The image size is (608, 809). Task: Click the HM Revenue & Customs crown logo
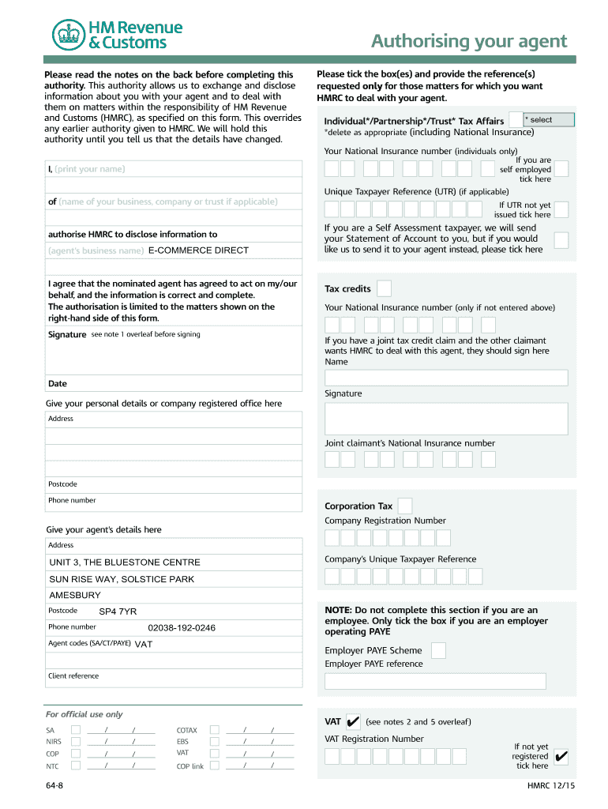coord(68,35)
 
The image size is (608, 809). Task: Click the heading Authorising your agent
coord(469,41)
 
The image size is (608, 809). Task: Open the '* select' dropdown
coord(549,120)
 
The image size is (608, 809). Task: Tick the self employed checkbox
coord(561,169)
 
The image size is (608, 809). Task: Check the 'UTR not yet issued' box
coord(561,209)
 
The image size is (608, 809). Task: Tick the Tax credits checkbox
coord(384,288)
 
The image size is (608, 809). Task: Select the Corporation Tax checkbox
coord(404,506)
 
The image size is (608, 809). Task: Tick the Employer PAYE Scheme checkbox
coord(438,650)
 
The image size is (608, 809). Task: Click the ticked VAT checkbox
coord(353,721)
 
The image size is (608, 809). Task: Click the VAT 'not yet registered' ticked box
coord(561,757)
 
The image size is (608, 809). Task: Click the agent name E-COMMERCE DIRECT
coord(204,250)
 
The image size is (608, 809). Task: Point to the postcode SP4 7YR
coord(118,611)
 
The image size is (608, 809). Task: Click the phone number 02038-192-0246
coord(182,628)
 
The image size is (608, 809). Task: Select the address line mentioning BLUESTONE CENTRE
coord(125,563)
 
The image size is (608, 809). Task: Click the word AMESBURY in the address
coord(75,595)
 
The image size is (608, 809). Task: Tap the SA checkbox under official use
coord(76,729)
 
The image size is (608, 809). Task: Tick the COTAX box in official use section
coord(215,729)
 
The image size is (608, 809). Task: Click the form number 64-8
coord(54,787)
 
